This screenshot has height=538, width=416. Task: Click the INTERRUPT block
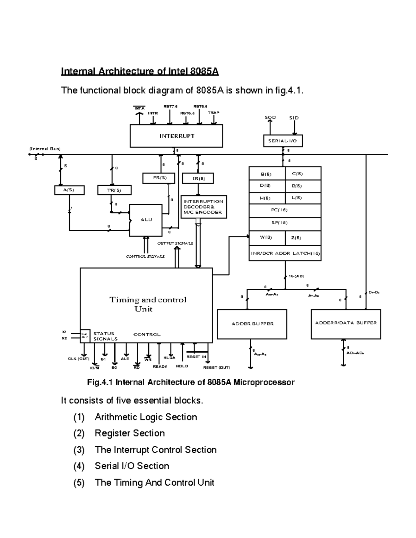pyautogui.click(x=176, y=136)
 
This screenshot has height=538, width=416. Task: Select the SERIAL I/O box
pyautogui.click(x=283, y=141)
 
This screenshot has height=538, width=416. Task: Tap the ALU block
pyautogui.click(x=146, y=220)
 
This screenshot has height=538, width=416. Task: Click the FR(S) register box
pyautogui.click(x=159, y=178)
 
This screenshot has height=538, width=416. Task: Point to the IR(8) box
pyautogui.click(x=198, y=179)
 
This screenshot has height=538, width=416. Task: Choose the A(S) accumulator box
pyautogui.click(x=69, y=190)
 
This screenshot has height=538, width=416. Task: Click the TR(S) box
pyautogui.click(x=114, y=190)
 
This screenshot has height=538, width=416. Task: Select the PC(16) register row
pyautogui.click(x=285, y=210)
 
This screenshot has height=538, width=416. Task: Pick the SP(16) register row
pyautogui.click(x=285, y=223)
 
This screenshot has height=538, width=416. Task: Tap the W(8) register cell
pyautogui.click(x=266, y=238)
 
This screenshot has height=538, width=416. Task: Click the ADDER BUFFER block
pyautogui.click(x=252, y=324)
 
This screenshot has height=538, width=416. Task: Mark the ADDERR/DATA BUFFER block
pyautogui.click(x=346, y=323)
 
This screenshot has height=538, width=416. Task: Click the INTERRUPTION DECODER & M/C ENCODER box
pyautogui.click(x=203, y=207)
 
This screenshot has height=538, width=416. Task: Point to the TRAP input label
pyautogui.click(x=213, y=113)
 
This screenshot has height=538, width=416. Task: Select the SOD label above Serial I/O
pyautogui.click(x=270, y=117)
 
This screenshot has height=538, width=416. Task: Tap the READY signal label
pyautogui.click(x=160, y=367)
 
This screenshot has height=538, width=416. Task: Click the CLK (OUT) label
pyautogui.click(x=79, y=359)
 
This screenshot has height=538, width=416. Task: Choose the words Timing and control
pyautogui.click(x=148, y=300)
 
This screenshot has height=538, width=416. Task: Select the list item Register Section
pyautogui.click(x=130, y=433)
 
